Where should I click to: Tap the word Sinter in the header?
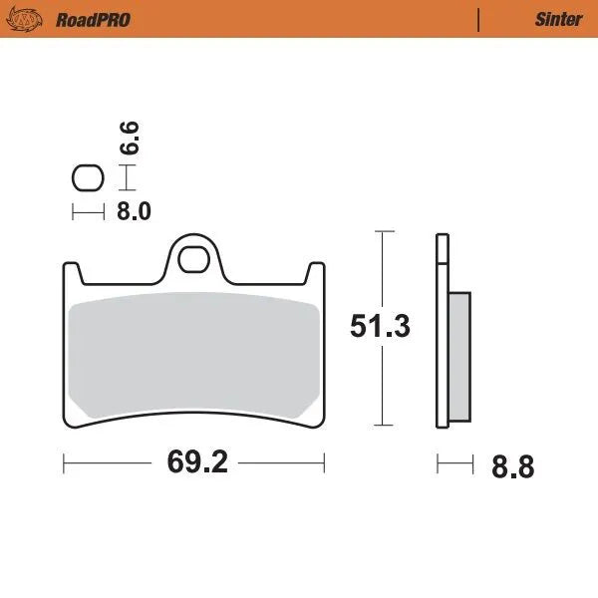pos(558,19)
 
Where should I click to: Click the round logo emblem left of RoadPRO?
pos(32,19)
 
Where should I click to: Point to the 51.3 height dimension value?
pos(380,327)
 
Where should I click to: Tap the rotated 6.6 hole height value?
pos(131,137)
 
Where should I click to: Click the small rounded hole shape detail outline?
pos(88,178)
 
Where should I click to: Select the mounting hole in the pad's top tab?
pos(193,257)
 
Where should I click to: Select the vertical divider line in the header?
pos(479,19)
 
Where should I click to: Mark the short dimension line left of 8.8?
pos(454,463)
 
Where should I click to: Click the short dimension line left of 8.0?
pos(88,210)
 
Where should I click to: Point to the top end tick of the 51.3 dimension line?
pos(383,231)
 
